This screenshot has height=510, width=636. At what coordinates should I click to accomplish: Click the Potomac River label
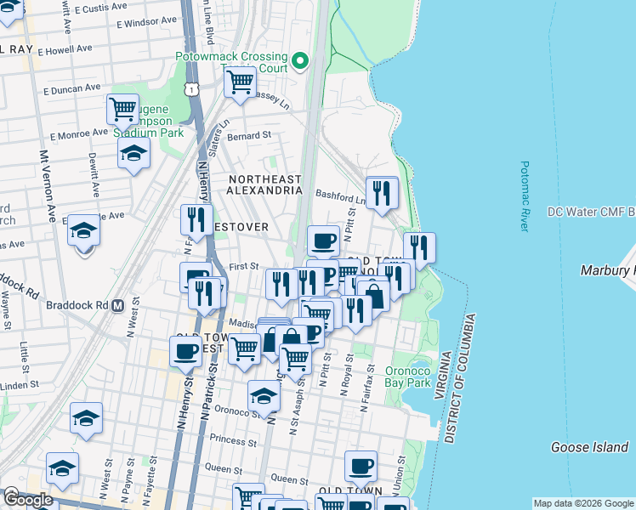pyautogui.click(x=525, y=196)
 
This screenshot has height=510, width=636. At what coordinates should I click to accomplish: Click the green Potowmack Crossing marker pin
pyautogui.click(x=299, y=61)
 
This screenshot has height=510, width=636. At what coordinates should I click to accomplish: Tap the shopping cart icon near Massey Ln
pyautogui.click(x=240, y=82)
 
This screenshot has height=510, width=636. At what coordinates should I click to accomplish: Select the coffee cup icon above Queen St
pyautogui.click(x=361, y=465)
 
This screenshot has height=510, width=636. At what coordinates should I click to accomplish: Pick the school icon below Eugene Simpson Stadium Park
pyautogui.click(x=133, y=154)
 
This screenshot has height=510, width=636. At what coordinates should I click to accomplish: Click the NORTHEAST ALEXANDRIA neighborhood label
pyautogui.click(x=264, y=184)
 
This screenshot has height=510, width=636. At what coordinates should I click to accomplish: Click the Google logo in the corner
pyautogui.click(x=28, y=500)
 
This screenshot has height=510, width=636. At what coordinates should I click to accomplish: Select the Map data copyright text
pyautogui.click(x=583, y=503)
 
